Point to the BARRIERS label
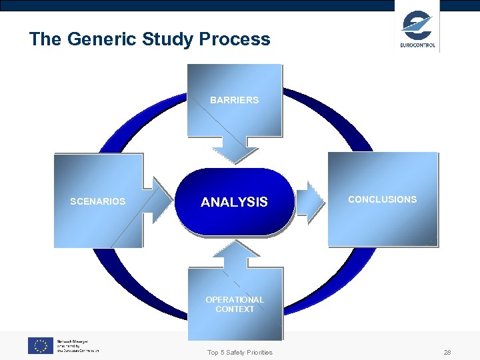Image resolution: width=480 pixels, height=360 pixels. click(234, 100)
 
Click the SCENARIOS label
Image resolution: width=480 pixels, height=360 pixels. click(98, 201)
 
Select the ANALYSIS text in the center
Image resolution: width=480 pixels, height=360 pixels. click(234, 202)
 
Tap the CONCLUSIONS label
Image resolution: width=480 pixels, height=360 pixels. click(382, 199)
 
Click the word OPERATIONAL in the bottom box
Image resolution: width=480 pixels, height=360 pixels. click(235, 300)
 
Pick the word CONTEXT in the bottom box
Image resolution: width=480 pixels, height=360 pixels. click(235, 309)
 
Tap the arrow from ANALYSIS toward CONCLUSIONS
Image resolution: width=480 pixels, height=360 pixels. click(309, 199)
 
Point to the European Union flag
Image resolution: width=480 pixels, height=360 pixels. click(41, 345)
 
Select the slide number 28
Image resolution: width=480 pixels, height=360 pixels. click(447, 352)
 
